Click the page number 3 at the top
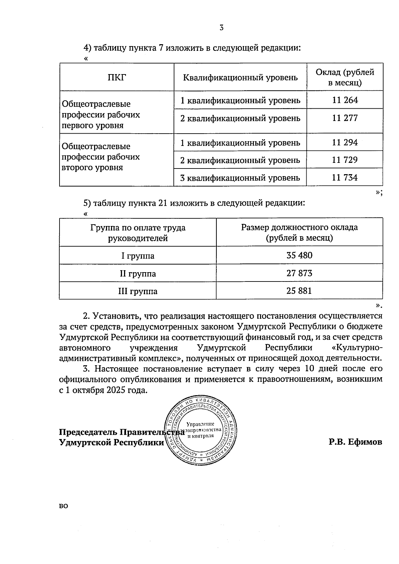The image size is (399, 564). point(221,28)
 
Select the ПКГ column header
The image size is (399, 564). point(117,77)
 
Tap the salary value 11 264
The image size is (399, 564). point(345,100)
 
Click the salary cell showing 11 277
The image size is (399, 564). point(345,118)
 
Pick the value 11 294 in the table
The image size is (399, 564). point(345,143)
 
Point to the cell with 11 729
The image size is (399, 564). point(345,160)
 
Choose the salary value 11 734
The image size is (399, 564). point(345,178)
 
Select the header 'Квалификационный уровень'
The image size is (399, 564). point(240,77)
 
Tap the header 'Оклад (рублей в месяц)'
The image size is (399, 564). point(345,77)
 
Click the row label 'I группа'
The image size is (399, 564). point(138,256)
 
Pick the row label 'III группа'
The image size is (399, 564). point(138,291)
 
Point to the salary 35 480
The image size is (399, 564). point(299,256)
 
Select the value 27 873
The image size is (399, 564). point(299,274)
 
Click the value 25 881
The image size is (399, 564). point(299,291)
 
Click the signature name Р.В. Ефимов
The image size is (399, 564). point(355,442)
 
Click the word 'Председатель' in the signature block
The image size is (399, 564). point(88,432)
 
